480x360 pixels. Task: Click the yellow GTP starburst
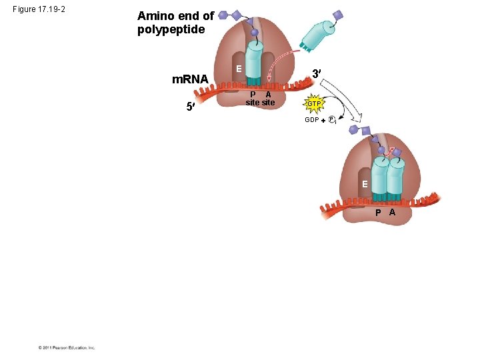click(x=313, y=105)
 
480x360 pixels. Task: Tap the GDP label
click(x=311, y=120)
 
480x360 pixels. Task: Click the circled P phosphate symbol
click(x=331, y=120)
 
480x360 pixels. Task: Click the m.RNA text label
click(x=190, y=80)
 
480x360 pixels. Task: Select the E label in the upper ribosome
click(x=237, y=69)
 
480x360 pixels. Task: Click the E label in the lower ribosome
click(x=365, y=183)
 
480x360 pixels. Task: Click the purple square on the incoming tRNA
click(x=337, y=15)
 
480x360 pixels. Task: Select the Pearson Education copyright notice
click(x=66, y=347)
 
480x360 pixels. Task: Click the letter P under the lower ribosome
click(x=378, y=213)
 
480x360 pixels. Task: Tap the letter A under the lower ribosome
click(x=392, y=213)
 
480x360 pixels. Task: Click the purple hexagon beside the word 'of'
click(x=223, y=15)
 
